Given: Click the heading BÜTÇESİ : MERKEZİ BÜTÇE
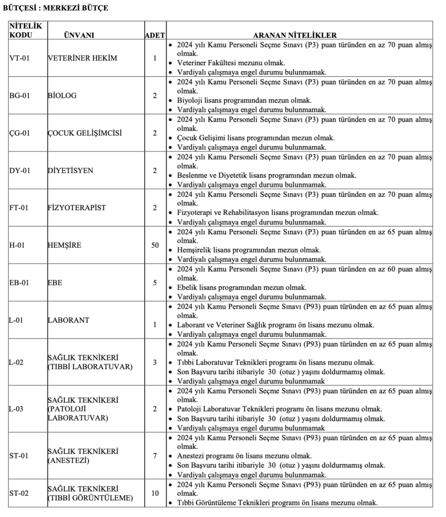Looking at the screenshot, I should (55, 8).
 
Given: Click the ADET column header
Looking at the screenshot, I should (155, 35).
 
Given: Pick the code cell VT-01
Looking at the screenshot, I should (20, 58).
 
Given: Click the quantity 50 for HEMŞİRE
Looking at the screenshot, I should (155, 245).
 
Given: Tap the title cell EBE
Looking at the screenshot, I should (55, 282).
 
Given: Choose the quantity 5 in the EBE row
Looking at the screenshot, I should (155, 282).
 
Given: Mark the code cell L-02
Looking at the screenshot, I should (17, 362).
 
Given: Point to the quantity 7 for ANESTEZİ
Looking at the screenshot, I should (155, 456).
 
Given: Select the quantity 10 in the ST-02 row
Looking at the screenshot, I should (155, 493).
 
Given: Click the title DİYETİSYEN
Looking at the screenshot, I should (70, 170).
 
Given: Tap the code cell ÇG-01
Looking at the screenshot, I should (20, 133).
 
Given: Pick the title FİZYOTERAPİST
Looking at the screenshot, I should (76, 208).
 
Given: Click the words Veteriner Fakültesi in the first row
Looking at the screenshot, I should (208, 63).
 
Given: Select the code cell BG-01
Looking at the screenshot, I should (20, 95).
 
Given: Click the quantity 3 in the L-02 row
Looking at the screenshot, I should (155, 362).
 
